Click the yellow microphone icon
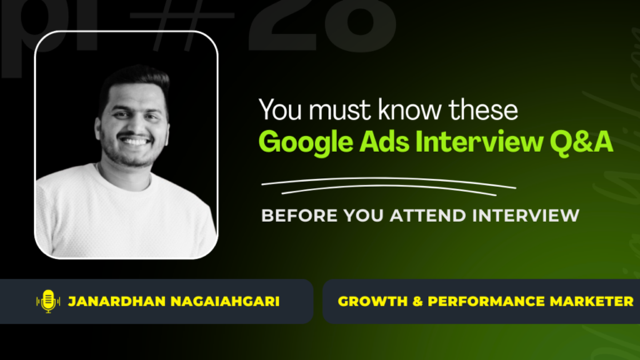47,301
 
